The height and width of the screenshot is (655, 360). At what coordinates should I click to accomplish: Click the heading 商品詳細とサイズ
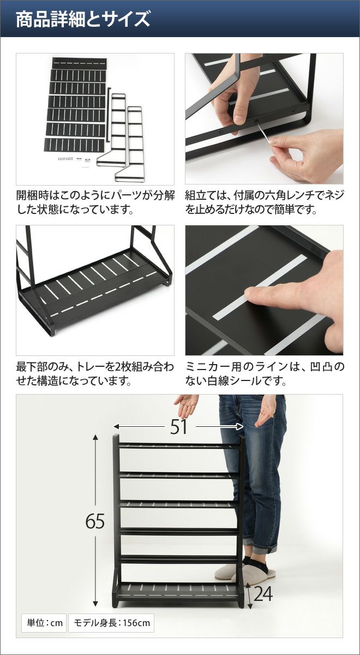(83, 19)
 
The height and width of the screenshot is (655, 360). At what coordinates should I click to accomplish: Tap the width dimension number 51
(178, 427)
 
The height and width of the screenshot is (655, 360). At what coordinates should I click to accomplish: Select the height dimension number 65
(95, 521)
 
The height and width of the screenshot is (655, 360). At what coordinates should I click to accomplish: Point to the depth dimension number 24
(263, 592)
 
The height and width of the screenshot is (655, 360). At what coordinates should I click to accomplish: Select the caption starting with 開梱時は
(95, 203)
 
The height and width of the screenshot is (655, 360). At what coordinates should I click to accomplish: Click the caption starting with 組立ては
(265, 203)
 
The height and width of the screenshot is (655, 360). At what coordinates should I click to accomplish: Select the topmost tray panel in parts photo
(80, 63)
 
